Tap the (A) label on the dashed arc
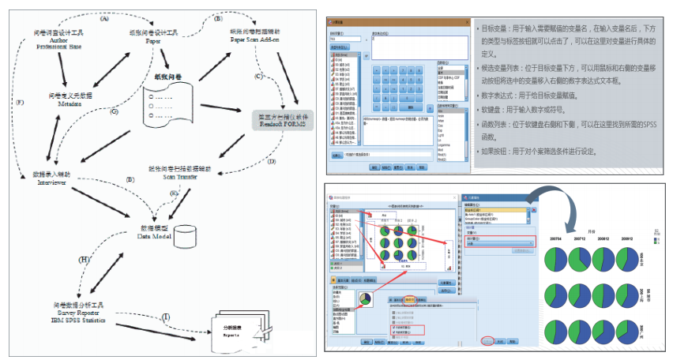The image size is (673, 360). coord(103,18)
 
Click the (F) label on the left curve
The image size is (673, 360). coord(19,103)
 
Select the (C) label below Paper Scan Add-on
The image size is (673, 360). coord(258,77)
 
